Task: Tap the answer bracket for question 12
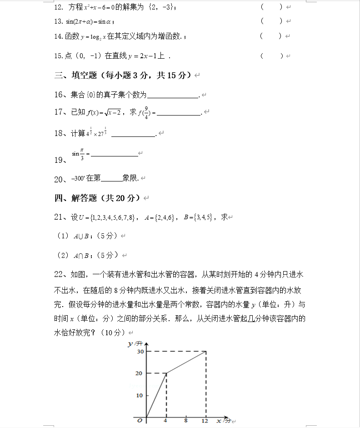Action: pos(271,7)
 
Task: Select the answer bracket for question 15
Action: pos(271,55)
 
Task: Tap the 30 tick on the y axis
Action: pos(139,352)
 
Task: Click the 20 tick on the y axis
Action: pos(139,373)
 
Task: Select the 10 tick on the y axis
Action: pos(139,395)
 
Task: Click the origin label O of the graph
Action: pos(140,421)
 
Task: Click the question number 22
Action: pos(60,274)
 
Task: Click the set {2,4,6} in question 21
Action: pos(165,217)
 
